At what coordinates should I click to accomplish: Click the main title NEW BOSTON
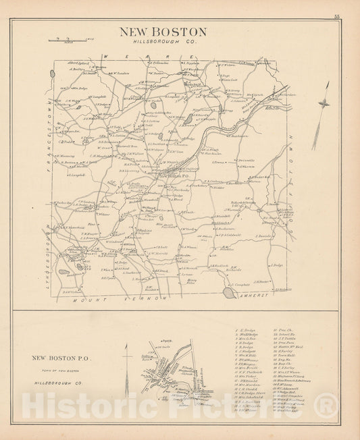pyautogui.click(x=163, y=32)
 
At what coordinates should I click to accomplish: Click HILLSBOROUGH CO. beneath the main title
pyautogui.click(x=163, y=42)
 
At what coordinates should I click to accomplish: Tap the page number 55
pyautogui.click(x=336, y=16)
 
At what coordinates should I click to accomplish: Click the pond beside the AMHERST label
pyautogui.click(x=230, y=292)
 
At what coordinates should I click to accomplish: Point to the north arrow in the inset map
pyautogui.click(x=126, y=354)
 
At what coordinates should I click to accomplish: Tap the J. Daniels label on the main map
pyautogui.click(x=264, y=236)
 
